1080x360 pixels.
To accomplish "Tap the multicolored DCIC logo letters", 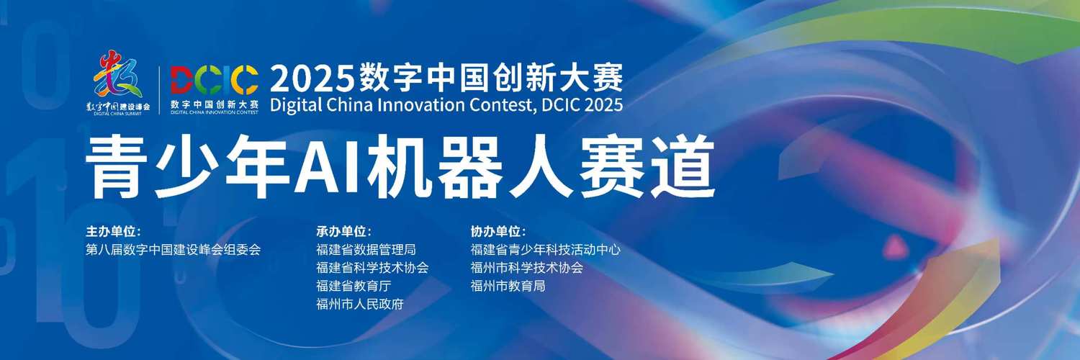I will click(214, 80).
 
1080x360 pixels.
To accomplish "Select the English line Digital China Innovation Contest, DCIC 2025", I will click(446, 105).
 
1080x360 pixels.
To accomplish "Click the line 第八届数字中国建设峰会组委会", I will click(173, 250).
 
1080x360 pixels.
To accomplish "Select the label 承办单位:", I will click(343, 232).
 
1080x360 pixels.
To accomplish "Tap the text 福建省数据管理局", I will click(366, 250).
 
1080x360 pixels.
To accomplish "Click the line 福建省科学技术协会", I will click(372, 268).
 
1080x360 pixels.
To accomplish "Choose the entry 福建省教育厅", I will click(353, 286).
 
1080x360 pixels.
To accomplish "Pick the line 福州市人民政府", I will click(360, 304).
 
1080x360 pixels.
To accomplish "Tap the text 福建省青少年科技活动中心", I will click(545, 250).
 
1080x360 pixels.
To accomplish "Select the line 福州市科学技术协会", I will click(526, 268).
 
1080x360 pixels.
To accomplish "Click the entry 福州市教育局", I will click(507, 286).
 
